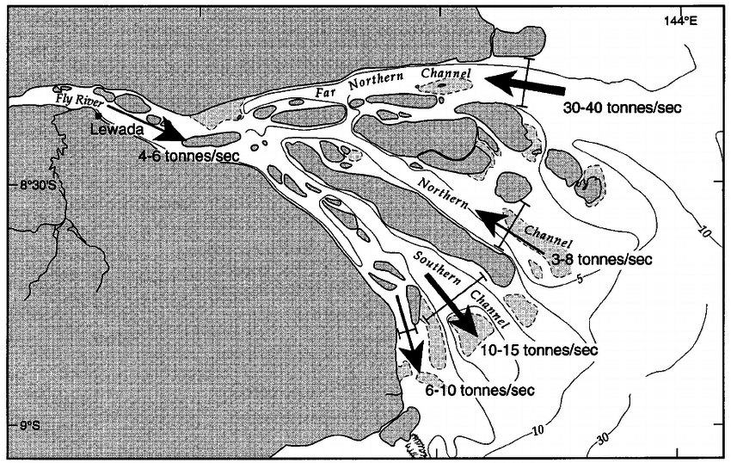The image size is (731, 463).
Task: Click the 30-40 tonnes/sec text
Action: tap(615, 110)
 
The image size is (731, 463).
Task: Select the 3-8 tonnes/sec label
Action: tap(601, 258)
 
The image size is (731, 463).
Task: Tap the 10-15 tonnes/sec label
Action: tap(540, 350)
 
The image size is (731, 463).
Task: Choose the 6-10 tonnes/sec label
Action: tap(480, 390)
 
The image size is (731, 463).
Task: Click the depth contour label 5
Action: tap(580, 278)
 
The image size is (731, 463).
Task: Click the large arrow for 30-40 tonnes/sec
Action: tap(524, 83)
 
